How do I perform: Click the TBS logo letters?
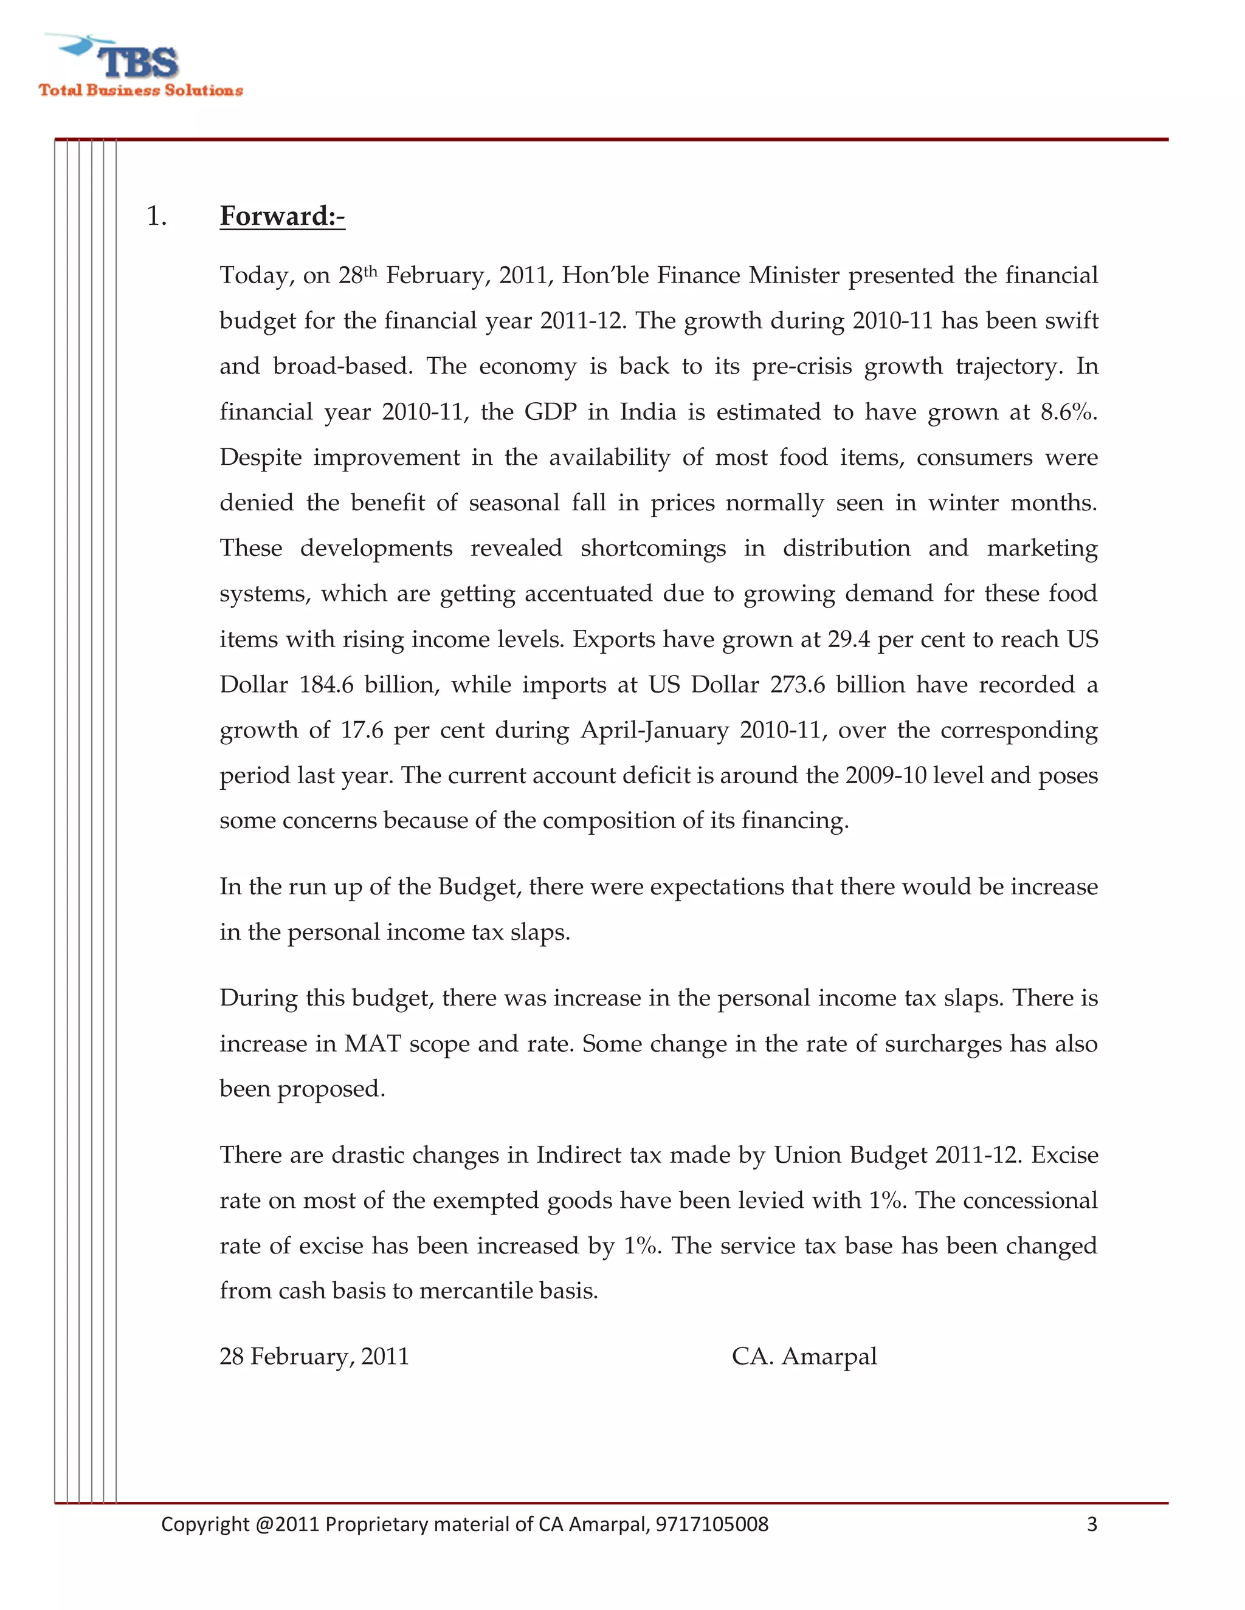pos(138,62)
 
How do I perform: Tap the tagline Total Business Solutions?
pos(141,91)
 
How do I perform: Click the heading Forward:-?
pos(281,216)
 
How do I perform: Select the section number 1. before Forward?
pos(156,216)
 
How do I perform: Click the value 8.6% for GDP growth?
pos(1067,411)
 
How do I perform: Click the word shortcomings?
pos(653,549)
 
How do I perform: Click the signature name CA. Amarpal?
pos(804,1357)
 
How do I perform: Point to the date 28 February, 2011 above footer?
pos(314,1357)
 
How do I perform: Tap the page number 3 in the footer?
pos(1092,1524)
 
